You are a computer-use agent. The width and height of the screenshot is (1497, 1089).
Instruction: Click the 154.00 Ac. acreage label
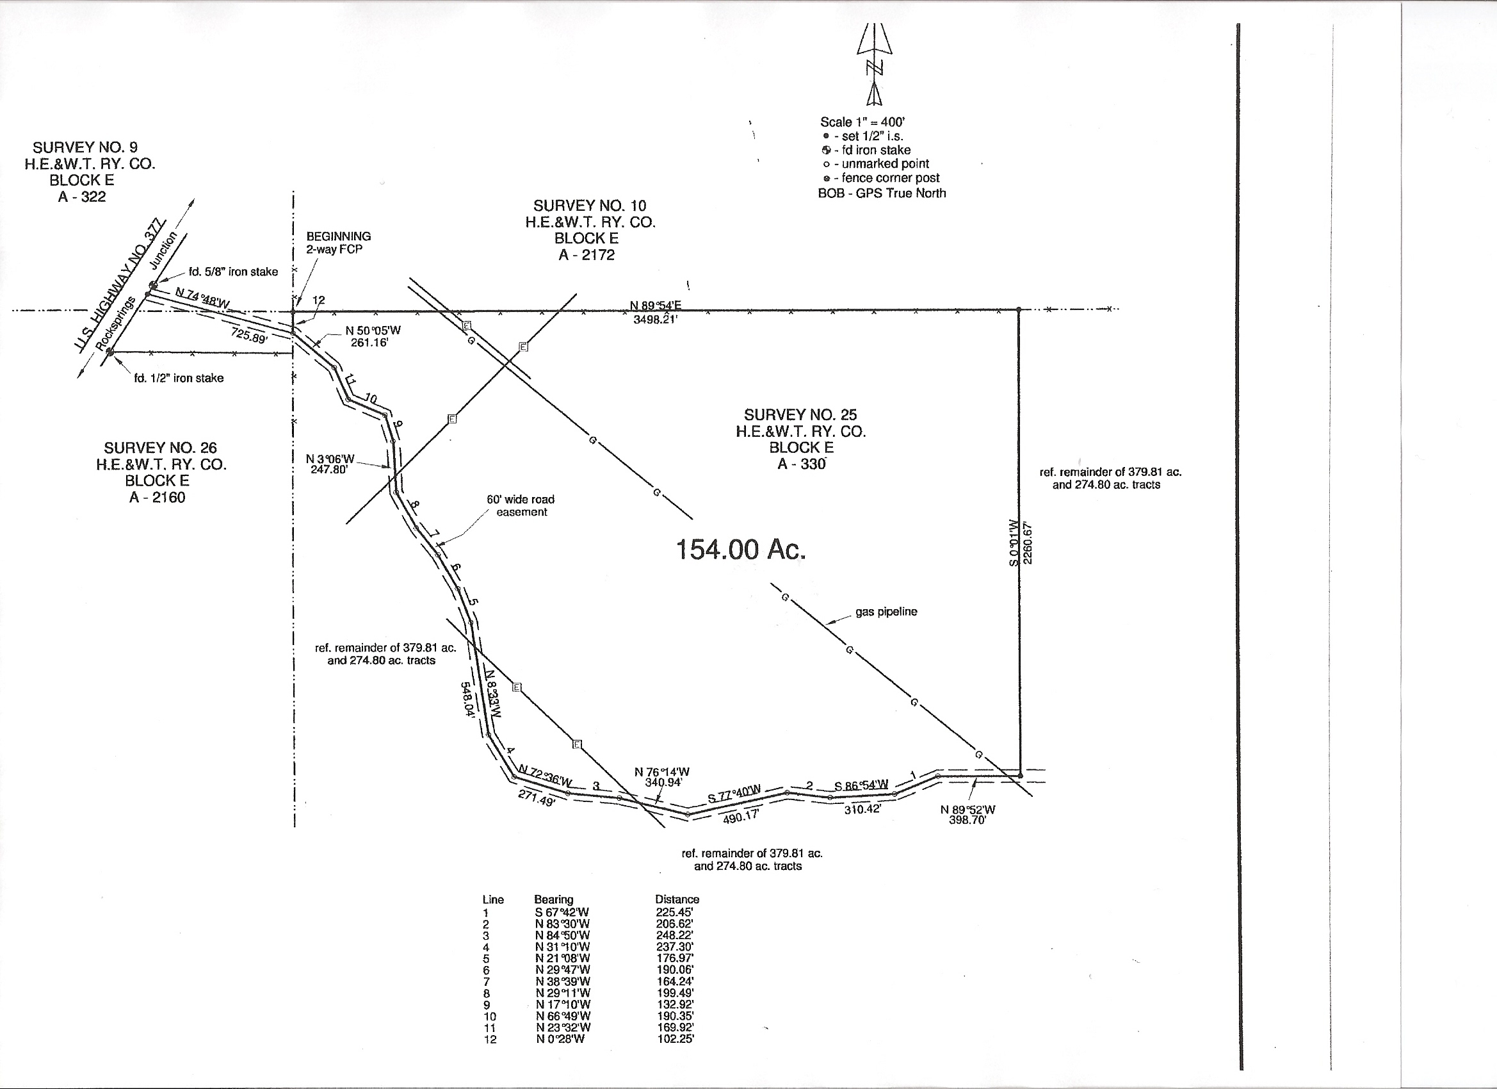[741, 550]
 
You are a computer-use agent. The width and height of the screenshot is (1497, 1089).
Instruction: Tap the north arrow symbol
[875, 65]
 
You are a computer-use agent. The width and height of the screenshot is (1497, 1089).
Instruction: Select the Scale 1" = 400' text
[862, 122]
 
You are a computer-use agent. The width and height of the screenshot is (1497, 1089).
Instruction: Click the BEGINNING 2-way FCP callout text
[338, 242]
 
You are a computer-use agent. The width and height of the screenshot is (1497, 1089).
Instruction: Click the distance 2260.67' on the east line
[1028, 543]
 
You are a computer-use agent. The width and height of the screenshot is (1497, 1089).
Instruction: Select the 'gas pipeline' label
[886, 612]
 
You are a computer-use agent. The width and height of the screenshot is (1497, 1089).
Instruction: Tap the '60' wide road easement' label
[521, 505]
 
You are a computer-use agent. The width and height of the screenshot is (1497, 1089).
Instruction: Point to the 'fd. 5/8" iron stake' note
[233, 272]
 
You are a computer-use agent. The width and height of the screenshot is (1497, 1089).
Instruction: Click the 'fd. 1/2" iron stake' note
[179, 378]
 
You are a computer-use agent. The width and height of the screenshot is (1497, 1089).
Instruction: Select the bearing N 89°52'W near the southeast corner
[967, 810]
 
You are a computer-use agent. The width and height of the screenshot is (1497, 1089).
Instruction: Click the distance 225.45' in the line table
[675, 912]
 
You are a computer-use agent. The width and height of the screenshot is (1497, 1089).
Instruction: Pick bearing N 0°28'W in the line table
[560, 1039]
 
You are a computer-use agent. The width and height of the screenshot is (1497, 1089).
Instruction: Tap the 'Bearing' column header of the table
[553, 899]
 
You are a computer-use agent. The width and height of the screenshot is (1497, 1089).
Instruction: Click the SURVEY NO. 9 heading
[85, 147]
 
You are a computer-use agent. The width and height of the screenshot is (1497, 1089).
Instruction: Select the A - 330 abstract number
[801, 464]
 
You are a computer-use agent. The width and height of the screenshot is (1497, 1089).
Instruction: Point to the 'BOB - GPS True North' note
[882, 193]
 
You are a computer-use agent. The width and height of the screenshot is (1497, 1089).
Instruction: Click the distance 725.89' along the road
[250, 335]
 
